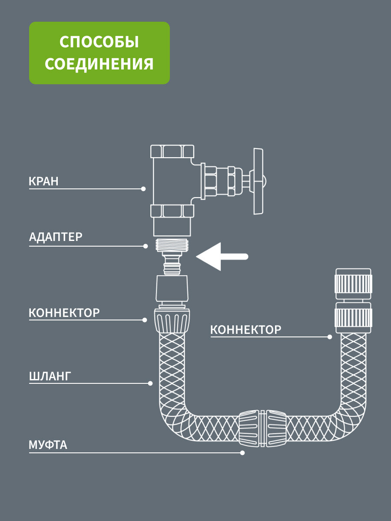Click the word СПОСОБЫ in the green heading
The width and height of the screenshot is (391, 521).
(x=99, y=43)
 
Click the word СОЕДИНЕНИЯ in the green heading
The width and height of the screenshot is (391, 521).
(x=99, y=64)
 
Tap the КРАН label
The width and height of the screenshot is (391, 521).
(x=43, y=181)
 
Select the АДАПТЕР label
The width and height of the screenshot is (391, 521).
(x=56, y=237)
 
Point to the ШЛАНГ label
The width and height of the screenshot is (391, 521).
(x=50, y=376)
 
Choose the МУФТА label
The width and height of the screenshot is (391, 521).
(x=48, y=445)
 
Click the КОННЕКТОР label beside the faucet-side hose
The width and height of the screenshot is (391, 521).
(x=64, y=313)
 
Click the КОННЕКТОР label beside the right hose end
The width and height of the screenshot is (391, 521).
(x=246, y=330)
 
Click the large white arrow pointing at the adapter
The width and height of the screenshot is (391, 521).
(x=222, y=257)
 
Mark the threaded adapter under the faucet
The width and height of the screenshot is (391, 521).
(x=172, y=245)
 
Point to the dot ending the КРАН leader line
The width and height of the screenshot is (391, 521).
(x=143, y=189)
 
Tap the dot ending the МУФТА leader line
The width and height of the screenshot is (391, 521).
(x=242, y=453)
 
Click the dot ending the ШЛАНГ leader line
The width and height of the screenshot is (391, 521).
(x=150, y=383)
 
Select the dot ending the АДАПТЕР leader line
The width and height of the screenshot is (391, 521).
(x=146, y=246)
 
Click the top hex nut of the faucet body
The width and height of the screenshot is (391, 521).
(x=172, y=152)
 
